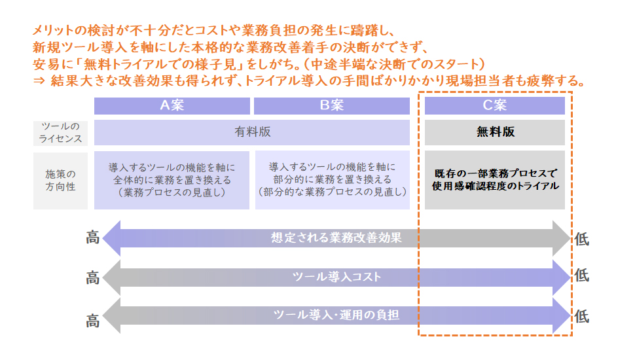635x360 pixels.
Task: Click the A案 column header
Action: (172, 105)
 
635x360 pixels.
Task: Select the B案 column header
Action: (332, 105)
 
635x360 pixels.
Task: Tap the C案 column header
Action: (494, 105)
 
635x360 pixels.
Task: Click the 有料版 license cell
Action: (252, 132)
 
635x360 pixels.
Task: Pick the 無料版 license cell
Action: (494, 132)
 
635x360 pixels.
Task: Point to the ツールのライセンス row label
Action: (60, 132)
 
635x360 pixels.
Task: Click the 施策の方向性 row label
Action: (60, 181)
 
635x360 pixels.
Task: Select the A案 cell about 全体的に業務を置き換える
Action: (172, 180)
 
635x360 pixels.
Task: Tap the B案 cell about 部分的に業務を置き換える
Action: (332, 180)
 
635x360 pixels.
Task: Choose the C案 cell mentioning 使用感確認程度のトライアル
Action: (494, 180)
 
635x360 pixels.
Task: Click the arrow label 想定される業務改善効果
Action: (336, 238)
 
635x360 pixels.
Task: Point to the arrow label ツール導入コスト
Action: (336, 277)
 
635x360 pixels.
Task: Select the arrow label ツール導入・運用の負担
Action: (336, 315)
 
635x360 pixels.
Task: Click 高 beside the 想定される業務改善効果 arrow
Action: (93, 238)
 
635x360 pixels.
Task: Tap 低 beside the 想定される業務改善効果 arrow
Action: (581, 240)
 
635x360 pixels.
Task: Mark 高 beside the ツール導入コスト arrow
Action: (93, 278)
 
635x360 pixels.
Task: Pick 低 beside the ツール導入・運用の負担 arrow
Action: (581, 316)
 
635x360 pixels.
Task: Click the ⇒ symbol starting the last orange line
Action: (39, 81)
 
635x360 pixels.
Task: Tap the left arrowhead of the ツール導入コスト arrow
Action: (112, 278)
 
